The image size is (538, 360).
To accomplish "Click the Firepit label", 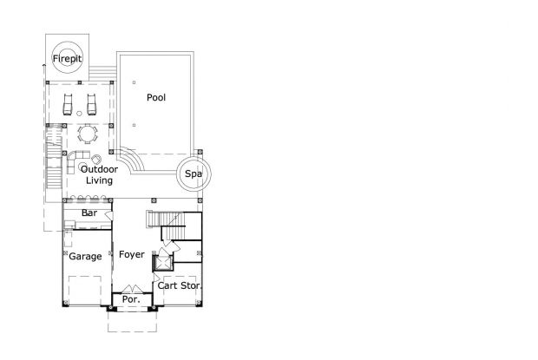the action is (68, 59).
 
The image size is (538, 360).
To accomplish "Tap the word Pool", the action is (156, 97).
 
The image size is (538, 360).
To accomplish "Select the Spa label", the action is (194, 173).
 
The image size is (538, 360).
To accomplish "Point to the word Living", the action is (99, 180).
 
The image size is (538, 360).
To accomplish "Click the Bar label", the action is (89, 213).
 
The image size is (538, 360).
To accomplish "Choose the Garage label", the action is (85, 257).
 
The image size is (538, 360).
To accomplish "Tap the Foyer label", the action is (132, 254).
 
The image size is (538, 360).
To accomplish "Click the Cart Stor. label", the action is (180, 285).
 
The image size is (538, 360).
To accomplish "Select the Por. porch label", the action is (131, 299).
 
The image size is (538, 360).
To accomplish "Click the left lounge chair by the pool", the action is (68, 105).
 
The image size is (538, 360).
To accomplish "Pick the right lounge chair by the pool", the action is (91, 105).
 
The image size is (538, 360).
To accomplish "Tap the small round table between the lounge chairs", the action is (79, 114).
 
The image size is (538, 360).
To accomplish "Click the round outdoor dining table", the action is (88, 134).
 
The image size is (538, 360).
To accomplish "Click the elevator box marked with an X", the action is (163, 264).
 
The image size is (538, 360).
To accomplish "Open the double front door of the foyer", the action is (132, 289).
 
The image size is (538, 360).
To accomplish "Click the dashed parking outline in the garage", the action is (85, 291).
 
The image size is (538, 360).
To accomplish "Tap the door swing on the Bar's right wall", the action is (108, 216).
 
